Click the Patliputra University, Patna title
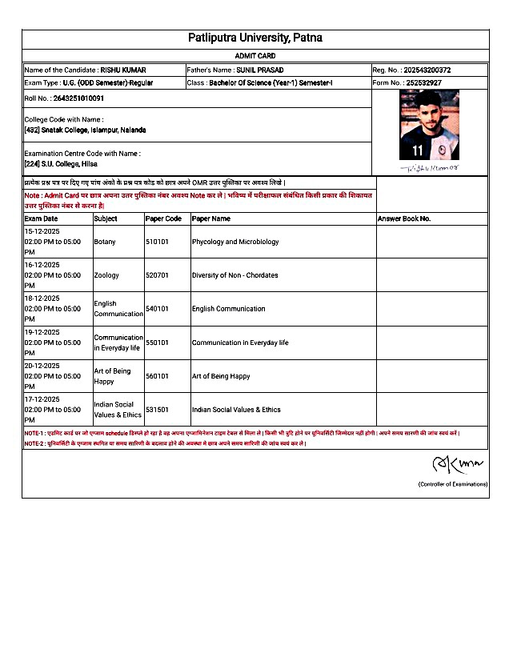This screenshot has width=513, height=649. [x=255, y=38]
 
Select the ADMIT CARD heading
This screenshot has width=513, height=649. [x=255, y=56]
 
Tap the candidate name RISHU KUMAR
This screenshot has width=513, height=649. [x=123, y=70]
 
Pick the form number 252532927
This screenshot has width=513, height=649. [x=423, y=82]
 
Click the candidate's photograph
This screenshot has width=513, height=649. [x=429, y=125]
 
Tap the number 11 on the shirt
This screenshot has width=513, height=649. [x=417, y=150]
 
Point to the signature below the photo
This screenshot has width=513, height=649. [x=429, y=168]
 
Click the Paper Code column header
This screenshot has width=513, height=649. [x=163, y=218]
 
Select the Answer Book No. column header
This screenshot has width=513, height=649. [x=404, y=218]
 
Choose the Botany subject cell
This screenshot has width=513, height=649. [x=105, y=242]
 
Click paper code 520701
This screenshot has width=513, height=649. [x=157, y=275]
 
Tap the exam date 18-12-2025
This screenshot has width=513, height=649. [x=42, y=298]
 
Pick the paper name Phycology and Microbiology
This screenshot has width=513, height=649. [x=235, y=242]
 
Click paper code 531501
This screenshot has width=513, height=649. [x=157, y=410]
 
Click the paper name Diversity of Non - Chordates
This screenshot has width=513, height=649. [x=235, y=275]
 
